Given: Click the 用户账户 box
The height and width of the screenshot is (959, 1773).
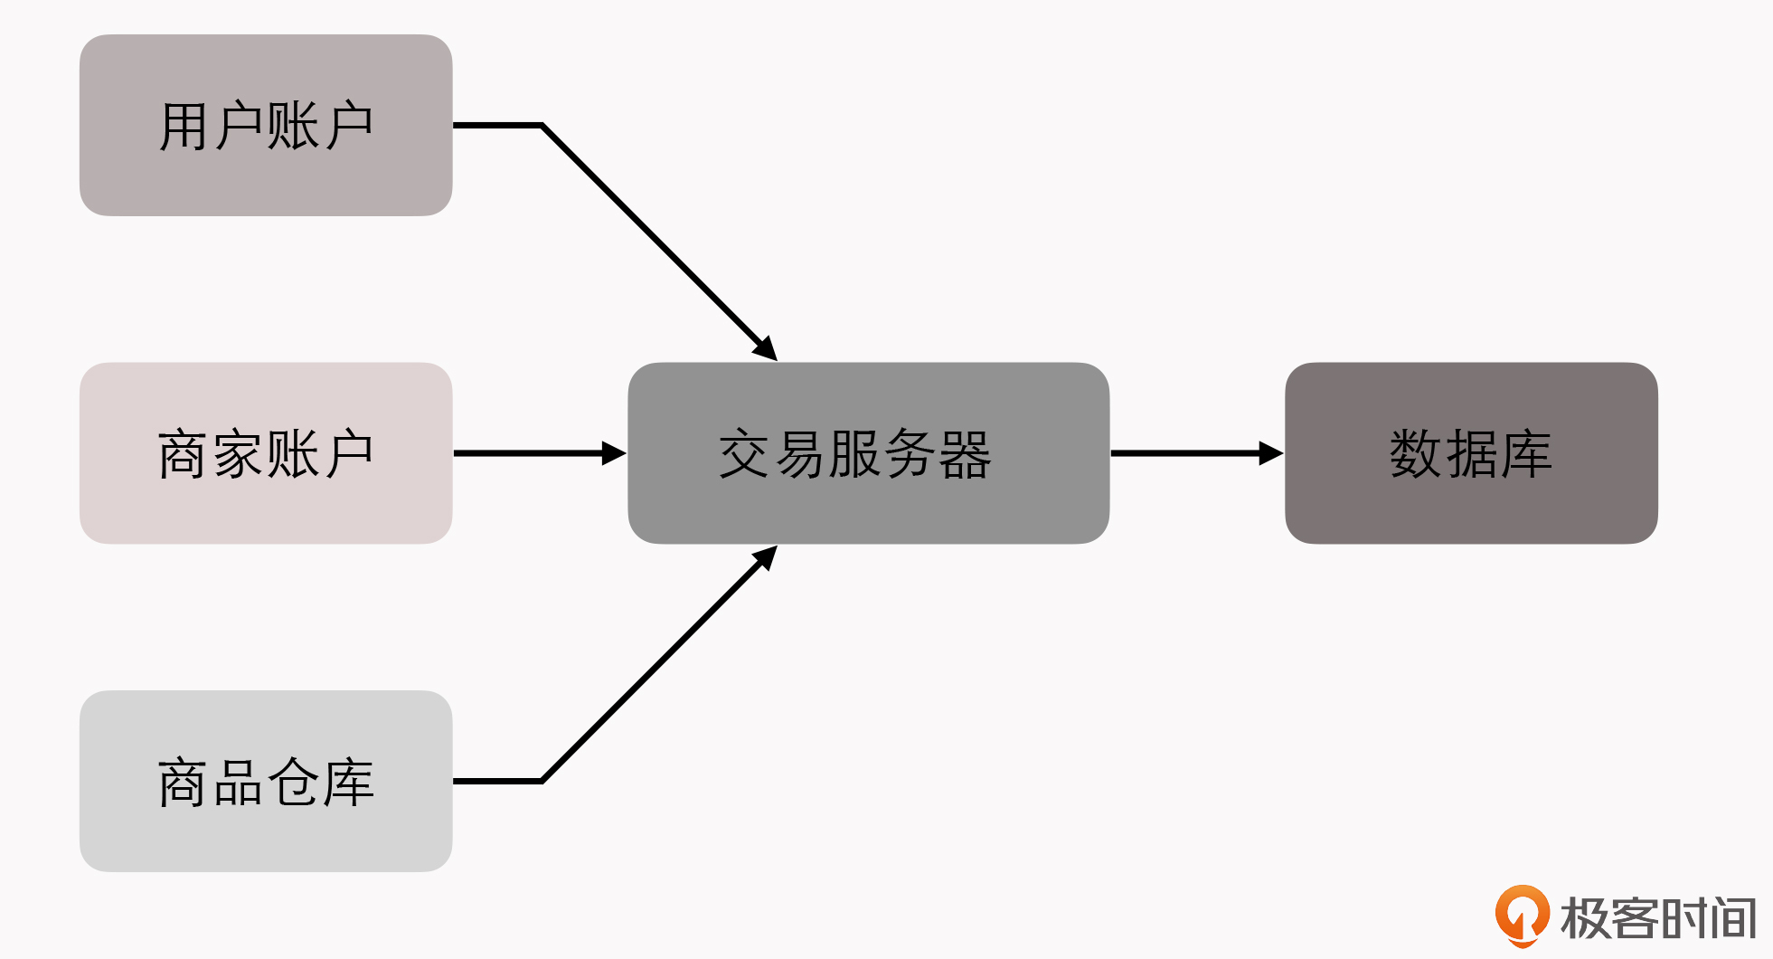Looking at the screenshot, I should [266, 125].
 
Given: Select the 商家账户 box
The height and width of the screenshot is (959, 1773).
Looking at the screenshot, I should [266, 452].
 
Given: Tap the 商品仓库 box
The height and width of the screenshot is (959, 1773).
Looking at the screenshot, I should [266, 781].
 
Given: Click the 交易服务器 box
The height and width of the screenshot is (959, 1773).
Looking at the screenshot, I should [868, 452].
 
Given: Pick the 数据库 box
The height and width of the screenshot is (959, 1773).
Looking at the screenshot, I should [1471, 452].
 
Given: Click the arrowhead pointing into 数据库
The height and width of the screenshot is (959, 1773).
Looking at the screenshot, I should [1271, 453].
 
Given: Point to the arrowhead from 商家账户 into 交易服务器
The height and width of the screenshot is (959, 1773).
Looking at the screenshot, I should [614, 453].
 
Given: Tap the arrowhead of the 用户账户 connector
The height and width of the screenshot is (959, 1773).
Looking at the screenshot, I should [767, 350].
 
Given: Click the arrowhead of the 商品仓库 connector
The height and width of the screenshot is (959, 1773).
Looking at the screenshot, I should [767, 556].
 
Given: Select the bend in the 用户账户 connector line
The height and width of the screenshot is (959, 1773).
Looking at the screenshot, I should [542, 125].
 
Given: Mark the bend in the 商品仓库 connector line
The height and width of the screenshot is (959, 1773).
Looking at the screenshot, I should [542, 781].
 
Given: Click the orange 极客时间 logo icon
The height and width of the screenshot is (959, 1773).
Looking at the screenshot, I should [1522, 916].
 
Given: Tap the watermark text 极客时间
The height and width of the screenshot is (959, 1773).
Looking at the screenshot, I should [1658, 918].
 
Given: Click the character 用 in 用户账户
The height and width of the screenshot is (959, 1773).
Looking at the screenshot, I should [184, 126].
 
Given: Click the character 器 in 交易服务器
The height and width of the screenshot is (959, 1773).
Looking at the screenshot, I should [966, 454].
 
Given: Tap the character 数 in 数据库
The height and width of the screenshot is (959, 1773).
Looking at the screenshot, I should [1416, 453].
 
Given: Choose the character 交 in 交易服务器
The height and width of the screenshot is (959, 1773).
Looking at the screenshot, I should [745, 454].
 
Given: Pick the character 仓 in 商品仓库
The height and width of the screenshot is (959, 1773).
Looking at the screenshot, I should [294, 783].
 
